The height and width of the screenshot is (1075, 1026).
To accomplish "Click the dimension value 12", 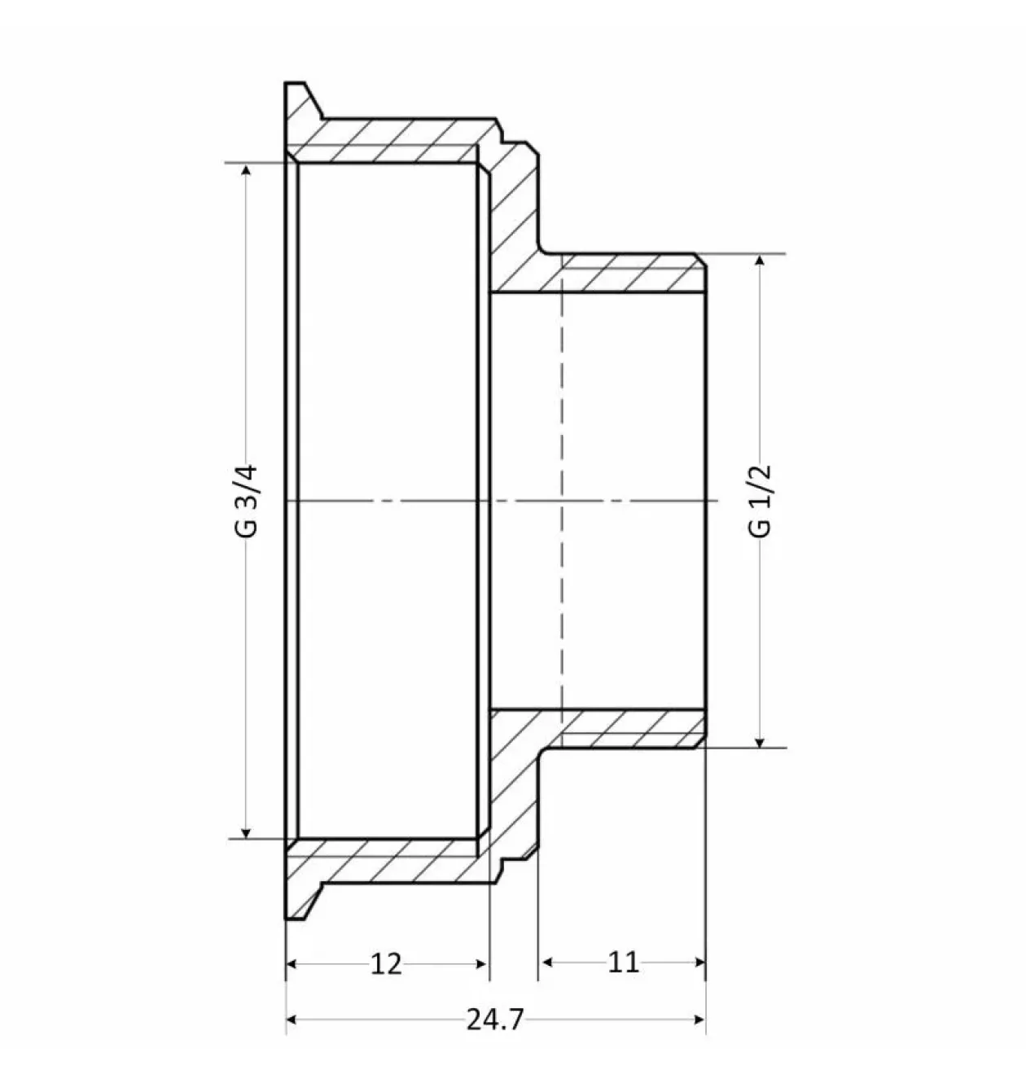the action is click(x=386, y=963).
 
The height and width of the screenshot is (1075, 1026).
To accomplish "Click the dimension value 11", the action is click(x=623, y=962).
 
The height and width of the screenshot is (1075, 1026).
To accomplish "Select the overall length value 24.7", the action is click(x=495, y=1020).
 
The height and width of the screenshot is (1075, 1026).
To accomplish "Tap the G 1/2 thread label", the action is click(x=760, y=500).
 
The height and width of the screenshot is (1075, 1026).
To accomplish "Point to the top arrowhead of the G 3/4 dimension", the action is click(x=246, y=169).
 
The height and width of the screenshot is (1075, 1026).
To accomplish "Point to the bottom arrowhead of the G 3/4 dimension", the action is click(x=246, y=831).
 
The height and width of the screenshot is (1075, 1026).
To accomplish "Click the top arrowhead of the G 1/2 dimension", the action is click(x=759, y=261).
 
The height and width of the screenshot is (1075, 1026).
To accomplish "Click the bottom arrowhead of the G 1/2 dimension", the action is click(x=759, y=741).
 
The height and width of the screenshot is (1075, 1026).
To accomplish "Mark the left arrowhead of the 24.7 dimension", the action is click(x=292, y=1020).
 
